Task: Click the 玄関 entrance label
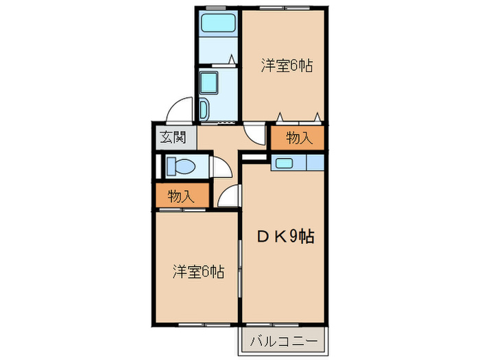(x=173, y=136)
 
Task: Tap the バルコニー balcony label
(x=283, y=339)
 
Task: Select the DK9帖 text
(x=285, y=237)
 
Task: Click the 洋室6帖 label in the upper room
(x=287, y=66)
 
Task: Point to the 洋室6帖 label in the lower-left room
(x=197, y=271)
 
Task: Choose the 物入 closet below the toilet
(x=180, y=196)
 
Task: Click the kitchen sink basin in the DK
(x=284, y=163)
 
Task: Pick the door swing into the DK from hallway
(x=229, y=197)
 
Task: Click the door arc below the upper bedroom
(x=254, y=134)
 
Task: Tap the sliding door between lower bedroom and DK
(x=241, y=267)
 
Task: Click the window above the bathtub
(x=217, y=8)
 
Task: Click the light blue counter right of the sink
(x=315, y=163)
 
